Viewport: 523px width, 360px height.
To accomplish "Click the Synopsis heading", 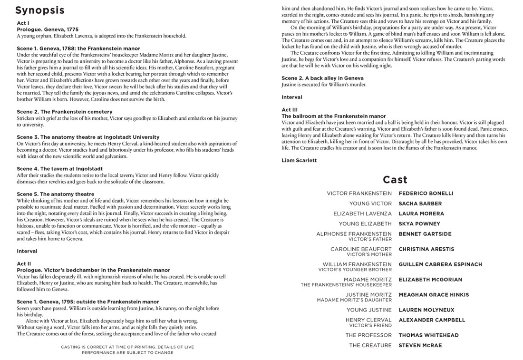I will (40, 10).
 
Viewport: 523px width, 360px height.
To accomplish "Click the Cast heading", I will (395, 179).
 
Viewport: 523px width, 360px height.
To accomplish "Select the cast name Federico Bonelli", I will (426, 194).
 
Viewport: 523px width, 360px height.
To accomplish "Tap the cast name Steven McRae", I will (420, 345).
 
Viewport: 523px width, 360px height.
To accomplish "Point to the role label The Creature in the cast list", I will (370, 345).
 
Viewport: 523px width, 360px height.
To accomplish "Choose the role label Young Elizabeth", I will (365, 224).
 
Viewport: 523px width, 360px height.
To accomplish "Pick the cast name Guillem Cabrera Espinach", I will (440, 264).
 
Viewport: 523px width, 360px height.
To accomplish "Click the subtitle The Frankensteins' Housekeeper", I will (346, 285).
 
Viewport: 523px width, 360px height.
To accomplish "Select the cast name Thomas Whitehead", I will (428, 335).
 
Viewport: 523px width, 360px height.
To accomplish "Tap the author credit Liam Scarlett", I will (299, 160).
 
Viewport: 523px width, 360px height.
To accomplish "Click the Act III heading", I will (290, 110).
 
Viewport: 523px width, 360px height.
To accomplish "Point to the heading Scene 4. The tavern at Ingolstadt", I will (59, 169).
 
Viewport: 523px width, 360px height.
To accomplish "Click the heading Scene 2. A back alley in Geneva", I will (322, 78).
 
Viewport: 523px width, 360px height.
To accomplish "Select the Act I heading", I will (23, 23).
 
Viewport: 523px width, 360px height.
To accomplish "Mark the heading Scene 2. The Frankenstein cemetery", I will (65, 112).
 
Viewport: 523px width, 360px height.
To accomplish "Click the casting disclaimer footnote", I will (127, 350).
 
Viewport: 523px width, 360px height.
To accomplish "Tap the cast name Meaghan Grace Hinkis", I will (434, 295).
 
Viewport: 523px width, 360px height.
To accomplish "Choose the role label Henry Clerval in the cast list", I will (368, 320).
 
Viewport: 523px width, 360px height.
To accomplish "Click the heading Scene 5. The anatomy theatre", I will (55, 194).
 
